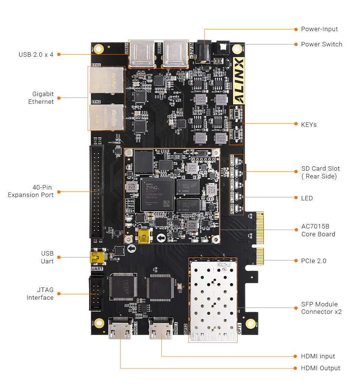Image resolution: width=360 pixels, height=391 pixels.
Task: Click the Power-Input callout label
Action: click(x=319, y=29)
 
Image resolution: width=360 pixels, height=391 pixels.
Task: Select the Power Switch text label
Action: click(x=321, y=44)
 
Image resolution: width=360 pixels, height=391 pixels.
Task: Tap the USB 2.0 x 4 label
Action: click(x=36, y=55)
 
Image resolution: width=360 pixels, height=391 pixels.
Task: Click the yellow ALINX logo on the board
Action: click(x=239, y=80)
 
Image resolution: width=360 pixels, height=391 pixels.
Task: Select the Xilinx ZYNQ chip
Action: click(x=157, y=194)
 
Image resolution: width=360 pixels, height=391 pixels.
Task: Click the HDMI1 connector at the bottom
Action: click(x=161, y=328)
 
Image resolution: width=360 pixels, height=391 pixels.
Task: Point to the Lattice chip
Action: click(x=123, y=287)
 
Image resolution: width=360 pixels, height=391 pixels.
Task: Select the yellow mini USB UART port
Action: click(x=96, y=257)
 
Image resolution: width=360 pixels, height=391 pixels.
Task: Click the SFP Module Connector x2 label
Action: click(x=321, y=308)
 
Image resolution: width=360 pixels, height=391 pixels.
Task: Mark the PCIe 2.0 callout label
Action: click(x=314, y=261)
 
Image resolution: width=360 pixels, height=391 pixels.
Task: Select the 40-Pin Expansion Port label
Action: click(x=30, y=191)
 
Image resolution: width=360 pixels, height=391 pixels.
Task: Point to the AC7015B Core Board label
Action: click(x=318, y=230)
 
